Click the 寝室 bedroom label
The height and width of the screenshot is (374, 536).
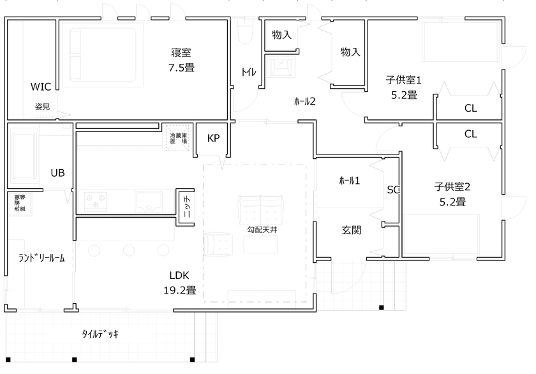pyautogui.click(x=181, y=52)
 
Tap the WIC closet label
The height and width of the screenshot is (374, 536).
pyautogui.click(x=40, y=86)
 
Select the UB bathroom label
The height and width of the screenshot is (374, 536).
pyautogui.click(x=57, y=172)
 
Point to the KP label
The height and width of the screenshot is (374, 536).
pyautogui.click(x=213, y=138)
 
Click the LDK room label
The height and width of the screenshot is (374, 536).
pyautogui.click(x=179, y=276)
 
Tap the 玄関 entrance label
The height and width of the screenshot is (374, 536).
pyautogui.click(x=351, y=230)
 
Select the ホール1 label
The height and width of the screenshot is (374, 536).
pyautogui.click(x=349, y=181)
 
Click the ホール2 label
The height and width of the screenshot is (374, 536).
pyautogui.click(x=304, y=101)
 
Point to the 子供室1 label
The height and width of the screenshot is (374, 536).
pyautogui.click(x=403, y=80)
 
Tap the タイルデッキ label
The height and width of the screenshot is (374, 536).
pyautogui.click(x=100, y=334)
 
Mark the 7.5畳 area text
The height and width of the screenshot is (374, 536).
pyautogui.click(x=181, y=67)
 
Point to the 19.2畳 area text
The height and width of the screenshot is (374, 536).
pyautogui.click(x=179, y=290)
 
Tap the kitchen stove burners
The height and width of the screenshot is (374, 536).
pyautogui.click(x=96, y=202)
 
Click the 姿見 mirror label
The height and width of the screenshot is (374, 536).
pyautogui.click(x=42, y=106)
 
